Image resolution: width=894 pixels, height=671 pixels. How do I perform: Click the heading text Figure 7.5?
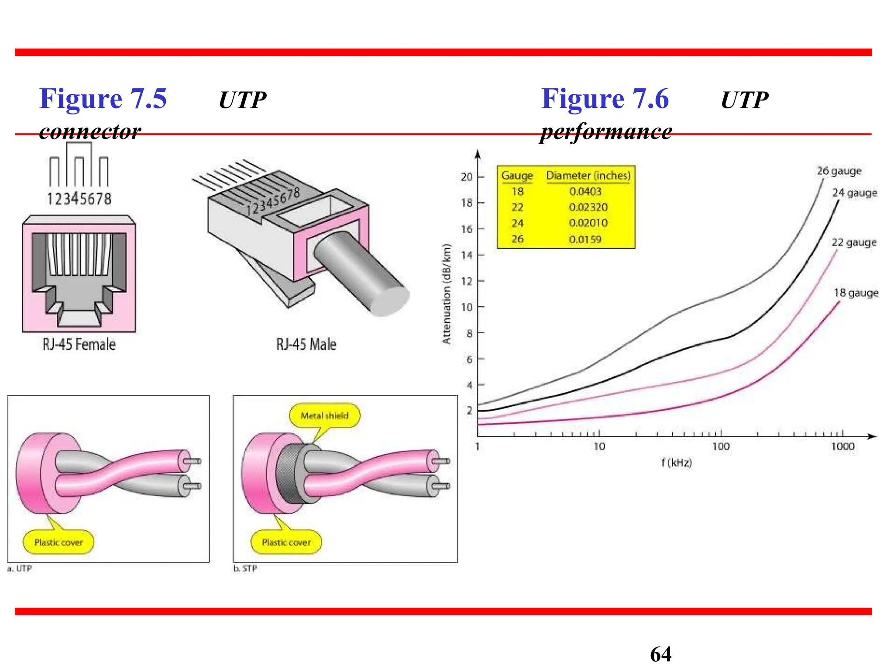103,99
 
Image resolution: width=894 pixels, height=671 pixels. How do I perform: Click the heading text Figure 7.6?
605,99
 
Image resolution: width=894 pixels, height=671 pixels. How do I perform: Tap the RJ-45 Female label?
79,344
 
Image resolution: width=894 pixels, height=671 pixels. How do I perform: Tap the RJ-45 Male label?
306,344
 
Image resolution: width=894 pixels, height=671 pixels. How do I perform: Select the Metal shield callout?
324,415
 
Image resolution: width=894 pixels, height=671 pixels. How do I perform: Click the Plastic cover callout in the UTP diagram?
58,543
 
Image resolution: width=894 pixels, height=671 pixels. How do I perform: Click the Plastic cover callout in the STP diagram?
286,543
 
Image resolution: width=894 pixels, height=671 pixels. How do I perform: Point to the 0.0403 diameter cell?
585,191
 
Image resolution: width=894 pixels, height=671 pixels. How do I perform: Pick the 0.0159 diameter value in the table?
585,239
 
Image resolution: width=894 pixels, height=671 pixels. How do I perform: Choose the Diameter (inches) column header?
588,176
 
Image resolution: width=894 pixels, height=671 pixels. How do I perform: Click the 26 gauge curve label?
839,171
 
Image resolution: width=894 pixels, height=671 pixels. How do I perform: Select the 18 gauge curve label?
856,293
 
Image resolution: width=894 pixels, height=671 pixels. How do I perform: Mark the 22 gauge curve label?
854,242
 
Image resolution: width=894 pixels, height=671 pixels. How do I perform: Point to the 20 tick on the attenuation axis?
467,177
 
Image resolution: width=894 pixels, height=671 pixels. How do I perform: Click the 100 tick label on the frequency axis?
720,446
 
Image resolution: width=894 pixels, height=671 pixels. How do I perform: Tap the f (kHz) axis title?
676,463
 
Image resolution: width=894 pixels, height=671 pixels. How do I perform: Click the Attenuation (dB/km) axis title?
446,294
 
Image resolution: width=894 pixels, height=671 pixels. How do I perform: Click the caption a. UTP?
20,568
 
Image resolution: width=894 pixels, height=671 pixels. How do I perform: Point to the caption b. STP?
245,568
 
